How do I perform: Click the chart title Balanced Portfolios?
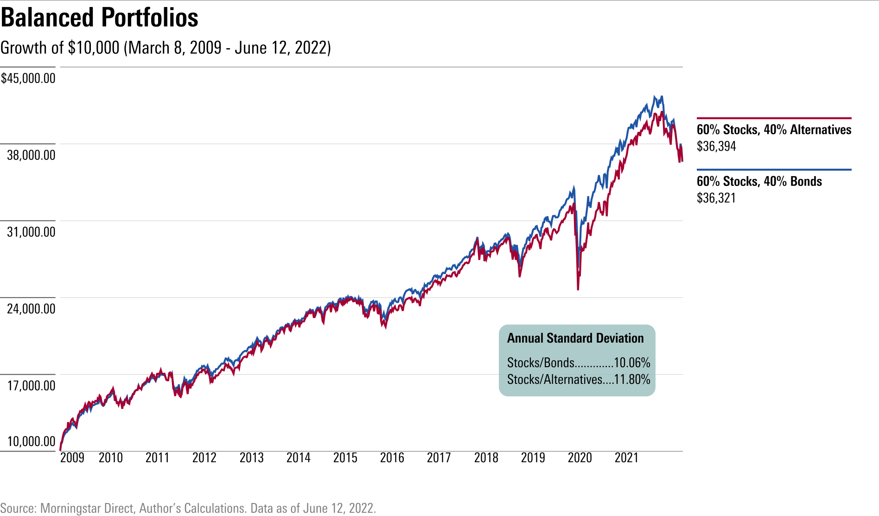coord(99,18)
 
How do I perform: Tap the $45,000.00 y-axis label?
coord(28,78)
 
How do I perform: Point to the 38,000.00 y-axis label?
coord(31,155)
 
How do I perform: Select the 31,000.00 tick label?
coord(31,232)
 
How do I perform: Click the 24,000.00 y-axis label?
coord(31,309)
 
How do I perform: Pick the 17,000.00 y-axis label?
coord(31,386)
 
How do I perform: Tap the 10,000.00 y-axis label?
coord(31,441)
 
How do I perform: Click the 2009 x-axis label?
coord(72,458)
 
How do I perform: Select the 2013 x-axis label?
coord(251,458)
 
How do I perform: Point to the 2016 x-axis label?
coord(392,458)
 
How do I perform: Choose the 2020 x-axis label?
coord(580,458)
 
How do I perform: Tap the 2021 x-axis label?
coord(627,458)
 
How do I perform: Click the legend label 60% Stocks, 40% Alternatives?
coord(774,129)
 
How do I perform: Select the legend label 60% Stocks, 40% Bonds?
coord(759,181)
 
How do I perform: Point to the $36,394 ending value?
coord(716,147)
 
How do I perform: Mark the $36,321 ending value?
coord(716,198)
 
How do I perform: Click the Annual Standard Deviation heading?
coord(575,338)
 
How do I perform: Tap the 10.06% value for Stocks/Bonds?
coord(632,363)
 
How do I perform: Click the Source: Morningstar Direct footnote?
coord(188,508)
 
